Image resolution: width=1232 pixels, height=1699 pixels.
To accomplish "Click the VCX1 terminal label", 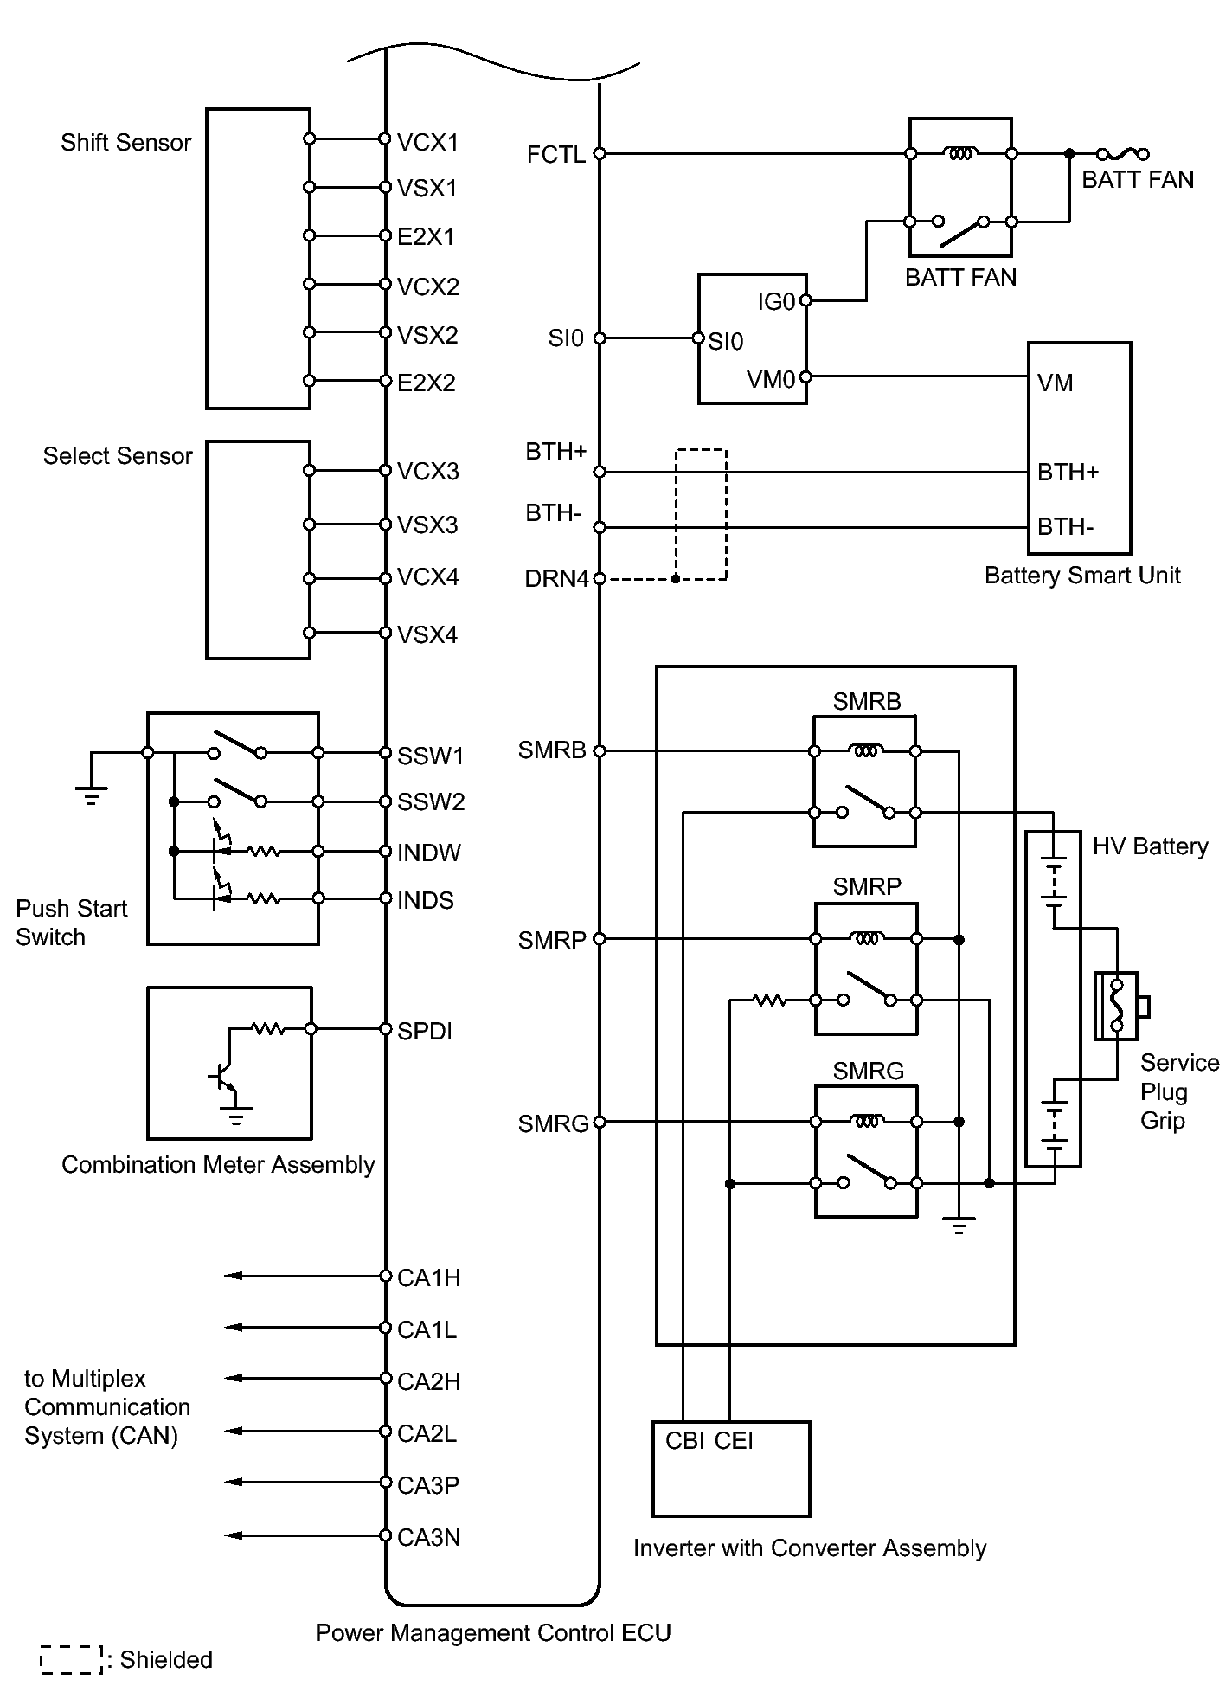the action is (427, 143).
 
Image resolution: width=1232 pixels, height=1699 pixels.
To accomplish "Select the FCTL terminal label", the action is (556, 155).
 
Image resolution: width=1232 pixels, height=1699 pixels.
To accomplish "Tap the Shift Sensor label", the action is (125, 143).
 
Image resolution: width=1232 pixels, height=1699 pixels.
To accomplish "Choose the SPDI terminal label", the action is (425, 1032).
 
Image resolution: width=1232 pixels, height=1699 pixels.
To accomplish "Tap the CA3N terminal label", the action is (428, 1538).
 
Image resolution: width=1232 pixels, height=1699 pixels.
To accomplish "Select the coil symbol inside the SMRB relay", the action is (866, 751).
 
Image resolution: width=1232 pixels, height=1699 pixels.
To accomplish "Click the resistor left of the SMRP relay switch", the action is (769, 1001).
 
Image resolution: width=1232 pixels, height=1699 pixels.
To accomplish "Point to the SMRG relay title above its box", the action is (868, 1072).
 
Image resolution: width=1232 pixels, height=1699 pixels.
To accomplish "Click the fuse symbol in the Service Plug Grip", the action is (1117, 1006).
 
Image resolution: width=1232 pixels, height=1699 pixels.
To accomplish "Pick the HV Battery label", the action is (1150, 846).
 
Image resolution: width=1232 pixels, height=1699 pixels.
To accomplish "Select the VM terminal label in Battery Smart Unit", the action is (1055, 383).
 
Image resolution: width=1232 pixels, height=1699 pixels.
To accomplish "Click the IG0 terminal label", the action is (776, 302).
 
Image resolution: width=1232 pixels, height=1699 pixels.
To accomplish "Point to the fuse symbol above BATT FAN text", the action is (1122, 155).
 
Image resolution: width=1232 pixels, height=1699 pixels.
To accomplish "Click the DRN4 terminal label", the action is (556, 579).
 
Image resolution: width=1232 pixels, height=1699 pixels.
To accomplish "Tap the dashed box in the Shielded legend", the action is (72, 1660).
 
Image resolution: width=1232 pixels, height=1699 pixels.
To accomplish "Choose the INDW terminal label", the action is (429, 853).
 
